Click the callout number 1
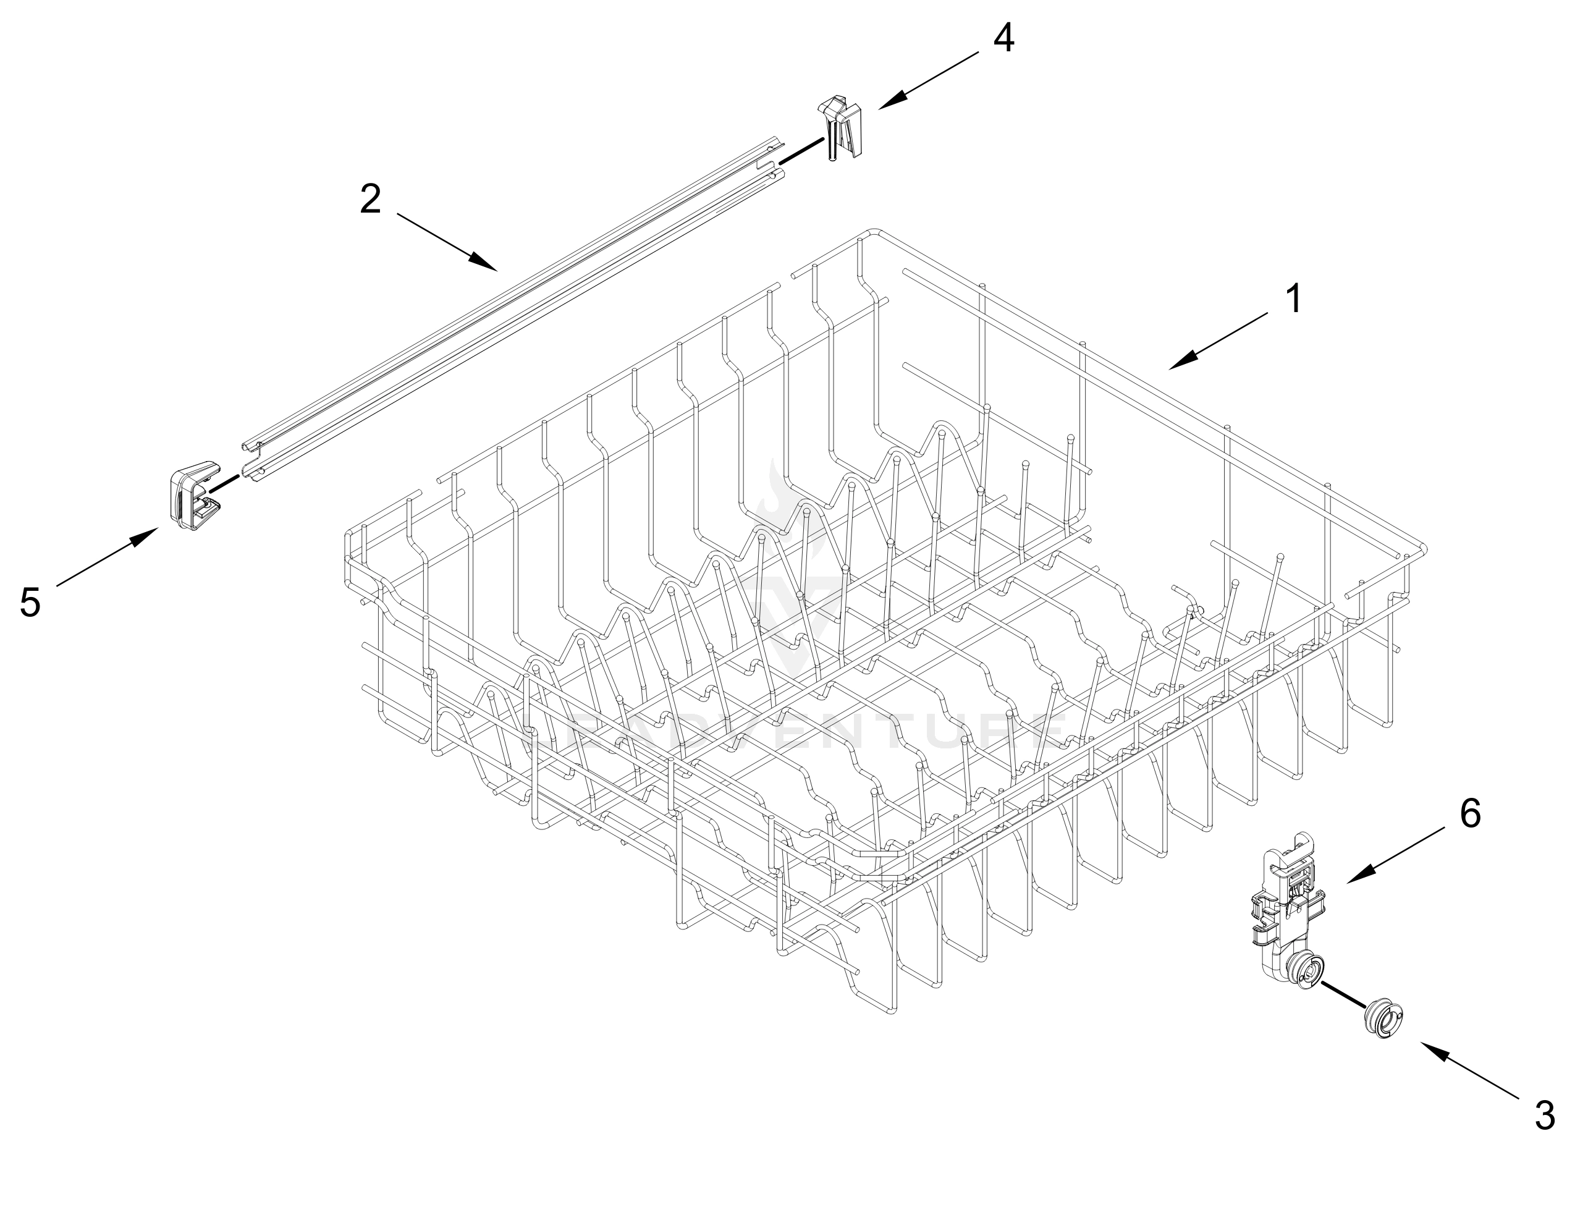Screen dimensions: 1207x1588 pos(1293,299)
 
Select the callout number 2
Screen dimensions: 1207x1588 pos(370,200)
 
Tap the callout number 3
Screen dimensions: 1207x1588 pos(1544,1116)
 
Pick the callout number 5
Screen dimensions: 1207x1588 pos(30,602)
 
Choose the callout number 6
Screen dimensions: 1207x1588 pos(1470,814)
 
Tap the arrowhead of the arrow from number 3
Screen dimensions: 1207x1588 pos(1426,1048)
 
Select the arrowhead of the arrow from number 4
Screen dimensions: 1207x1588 pos(884,106)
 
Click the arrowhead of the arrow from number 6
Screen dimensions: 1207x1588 pos(1353,880)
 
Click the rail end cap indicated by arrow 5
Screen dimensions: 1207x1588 pos(193,496)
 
